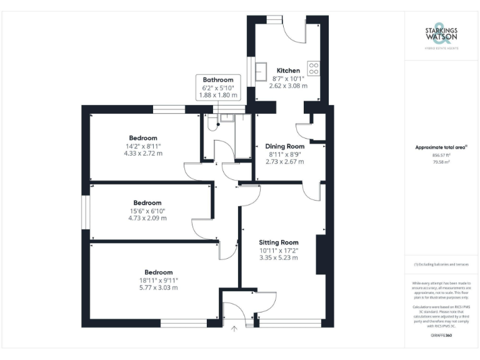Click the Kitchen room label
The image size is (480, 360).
pos(288,71)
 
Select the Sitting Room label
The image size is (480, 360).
pos(279,242)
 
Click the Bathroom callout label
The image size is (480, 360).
pos(218,80)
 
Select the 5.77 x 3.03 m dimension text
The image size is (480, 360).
pos(158,288)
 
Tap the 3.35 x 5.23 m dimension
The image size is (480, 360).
pos(279,257)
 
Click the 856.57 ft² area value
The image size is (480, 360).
pos(442,156)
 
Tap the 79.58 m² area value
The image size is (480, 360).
pos(442,162)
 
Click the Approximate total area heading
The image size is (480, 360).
pos(441,147)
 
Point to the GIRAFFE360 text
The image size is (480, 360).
pos(442,336)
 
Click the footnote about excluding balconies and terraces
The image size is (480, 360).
pos(442,264)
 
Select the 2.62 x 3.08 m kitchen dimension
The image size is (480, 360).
pos(288,86)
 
